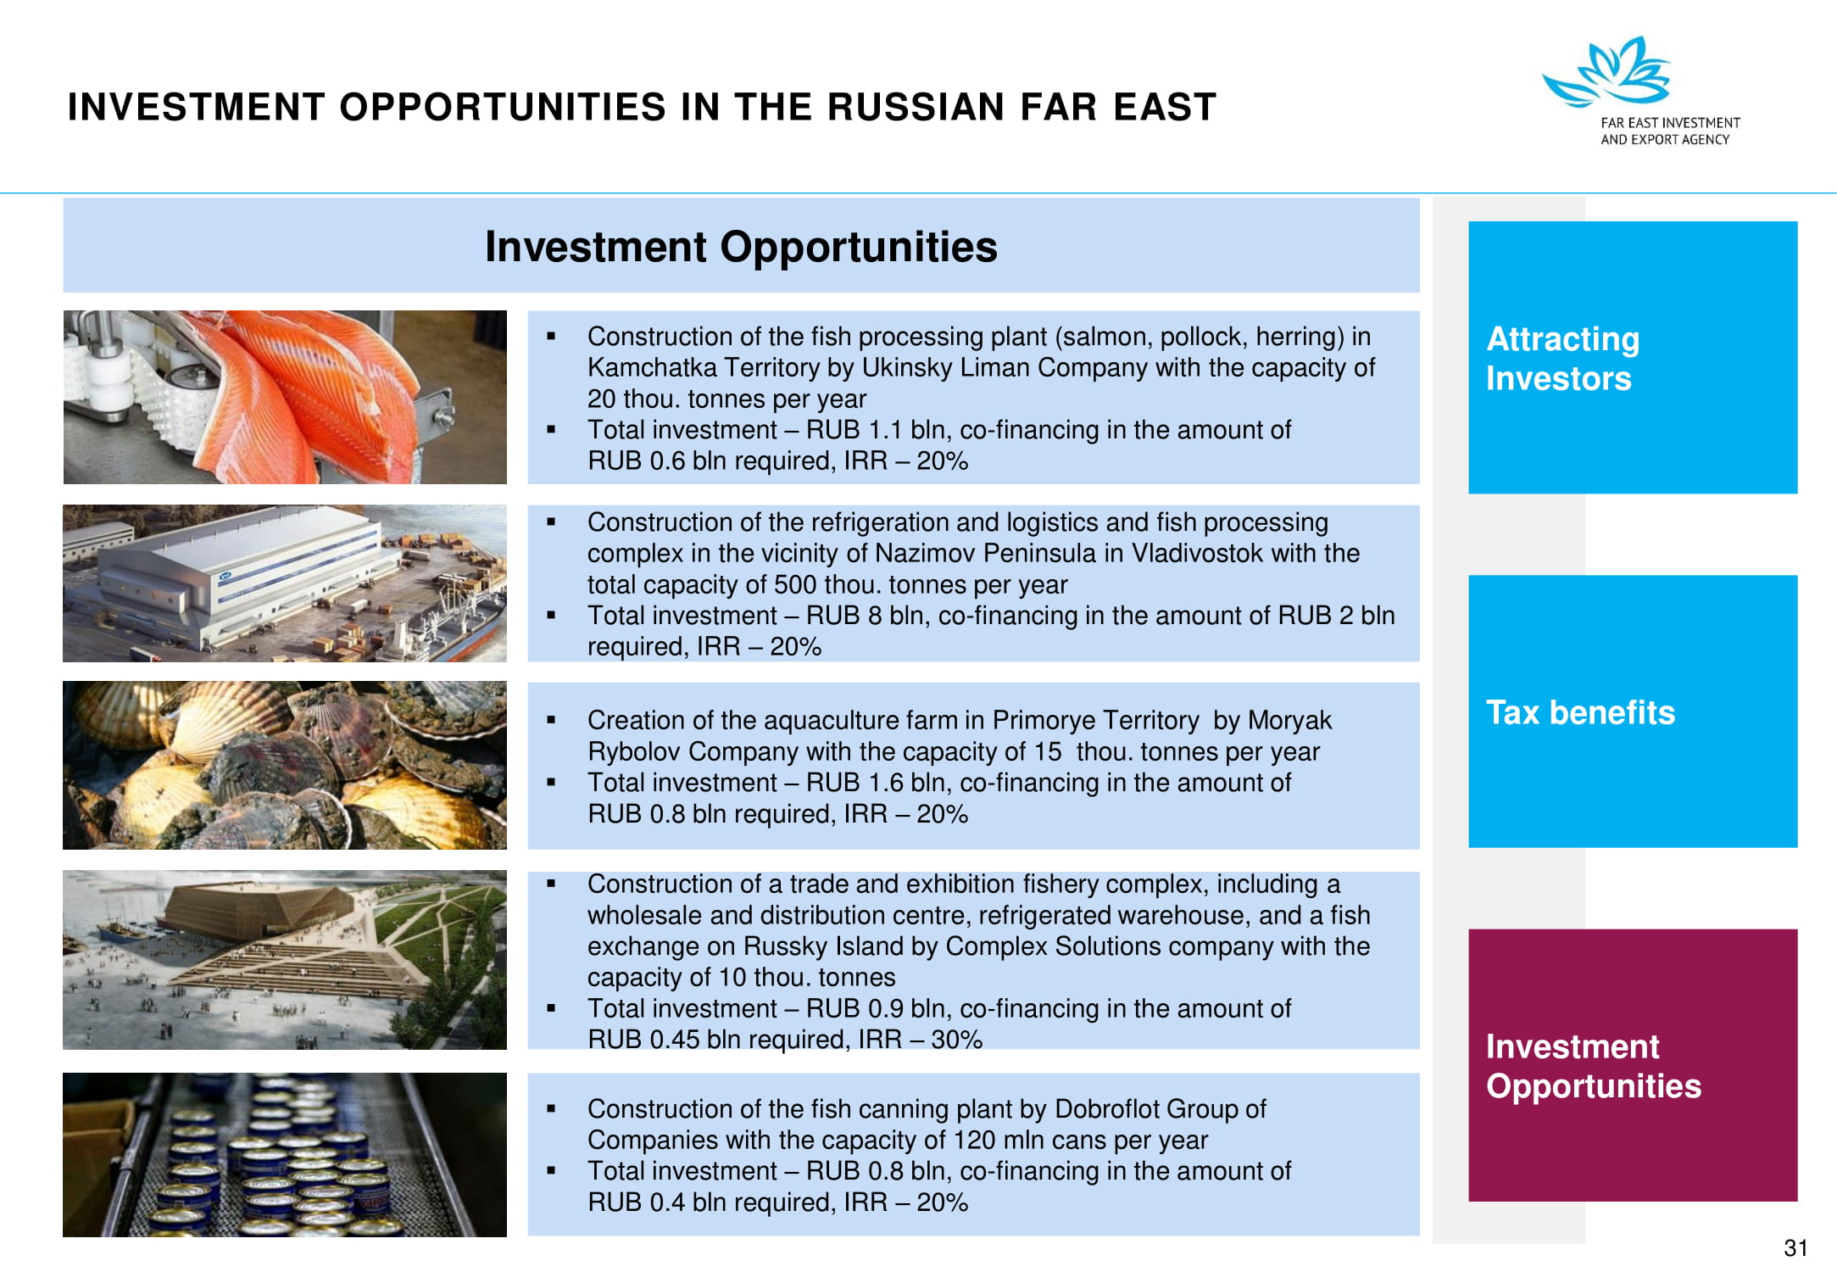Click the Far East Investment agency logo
tap(1639, 92)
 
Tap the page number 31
tap(1795, 1247)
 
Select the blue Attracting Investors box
tap(1632, 357)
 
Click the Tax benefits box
tap(1632, 711)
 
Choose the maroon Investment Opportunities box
tap(1632, 1064)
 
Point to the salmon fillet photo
tap(285, 397)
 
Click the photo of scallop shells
tap(285, 765)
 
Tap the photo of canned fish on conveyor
tap(285, 1154)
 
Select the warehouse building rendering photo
tap(285, 583)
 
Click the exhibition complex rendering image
tap(285, 960)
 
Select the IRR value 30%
tap(956, 1040)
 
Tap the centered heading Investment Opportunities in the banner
tap(741, 247)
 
